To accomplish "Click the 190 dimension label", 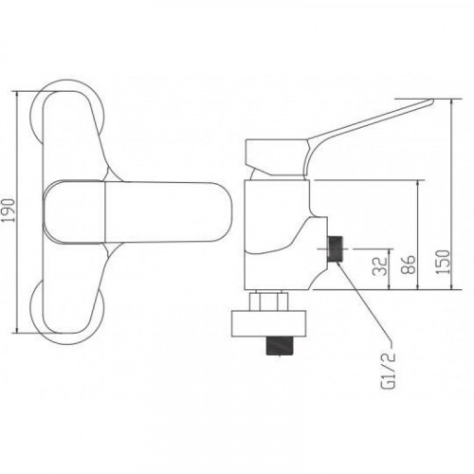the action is click(9, 210).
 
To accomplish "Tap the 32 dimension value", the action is click(380, 265).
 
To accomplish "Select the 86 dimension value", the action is click(409, 264).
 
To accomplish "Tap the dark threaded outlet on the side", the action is click(335, 248).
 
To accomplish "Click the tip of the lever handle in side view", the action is click(432, 101).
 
